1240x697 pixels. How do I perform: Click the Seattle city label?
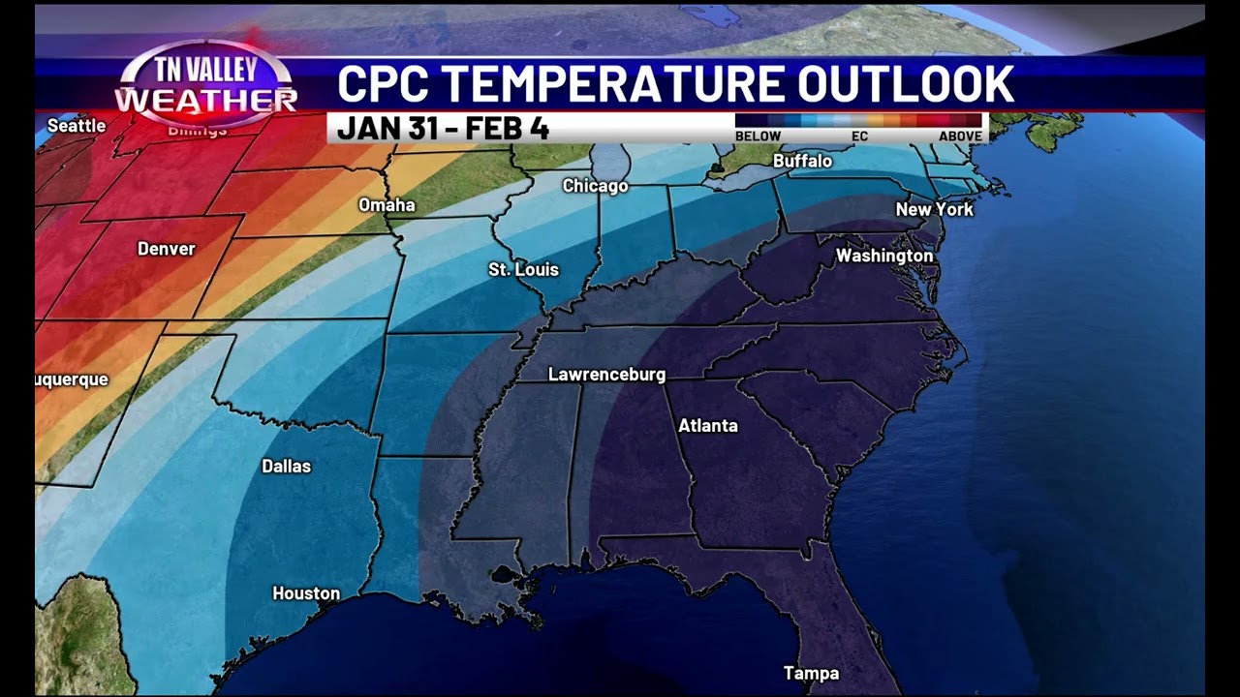(x=77, y=126)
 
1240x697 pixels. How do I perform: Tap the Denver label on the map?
(x=167, y=249)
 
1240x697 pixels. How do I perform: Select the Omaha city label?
(x=387, y=205)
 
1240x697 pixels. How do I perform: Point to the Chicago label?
(x=596, y=186)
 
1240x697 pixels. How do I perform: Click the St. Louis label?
(x=523, y=269)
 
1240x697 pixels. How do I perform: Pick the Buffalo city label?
(x=802, y=161)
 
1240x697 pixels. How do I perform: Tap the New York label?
(x=934, y=209)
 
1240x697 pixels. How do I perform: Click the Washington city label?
(x=884, y=256)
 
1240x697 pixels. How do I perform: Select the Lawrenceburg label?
(x=606, y=375)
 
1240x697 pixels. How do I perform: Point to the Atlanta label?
(x=707, y=426)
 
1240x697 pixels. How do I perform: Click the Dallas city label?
(x=287, y=467)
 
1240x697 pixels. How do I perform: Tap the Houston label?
(x=306, y=593)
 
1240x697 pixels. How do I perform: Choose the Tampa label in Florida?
(x=812, y=674)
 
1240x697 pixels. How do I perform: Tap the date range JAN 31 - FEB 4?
(x=443, y=129)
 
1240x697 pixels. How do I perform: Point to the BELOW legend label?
(x=758, y=136)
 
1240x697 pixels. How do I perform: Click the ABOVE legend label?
(x=960, y=136)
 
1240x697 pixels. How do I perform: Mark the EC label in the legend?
(x=859, y=136)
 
